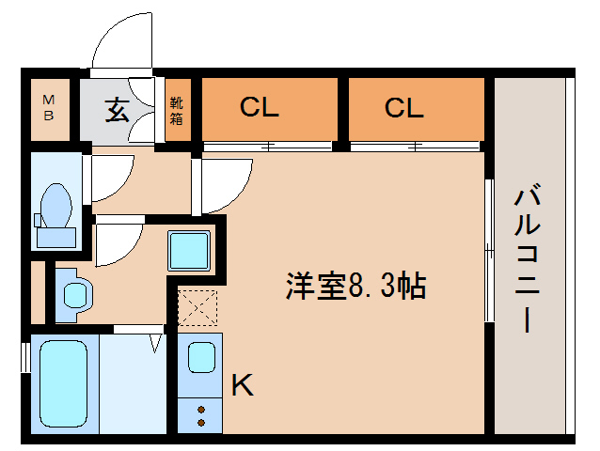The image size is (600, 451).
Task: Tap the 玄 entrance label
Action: (x=117, y=110)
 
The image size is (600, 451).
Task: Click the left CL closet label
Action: (x=260, y=108)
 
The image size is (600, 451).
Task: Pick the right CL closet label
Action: (x=404, y=108)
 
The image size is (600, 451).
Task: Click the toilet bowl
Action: (x=56, y=206)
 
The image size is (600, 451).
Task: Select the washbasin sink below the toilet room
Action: (x=72, y=292)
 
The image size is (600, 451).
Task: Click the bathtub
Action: (x=63, y=381)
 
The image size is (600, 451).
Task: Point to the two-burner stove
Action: (x=200, y=413)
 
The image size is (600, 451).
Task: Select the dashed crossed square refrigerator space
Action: (x=197, y=306)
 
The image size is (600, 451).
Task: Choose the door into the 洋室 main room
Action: (x=223, y=184)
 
